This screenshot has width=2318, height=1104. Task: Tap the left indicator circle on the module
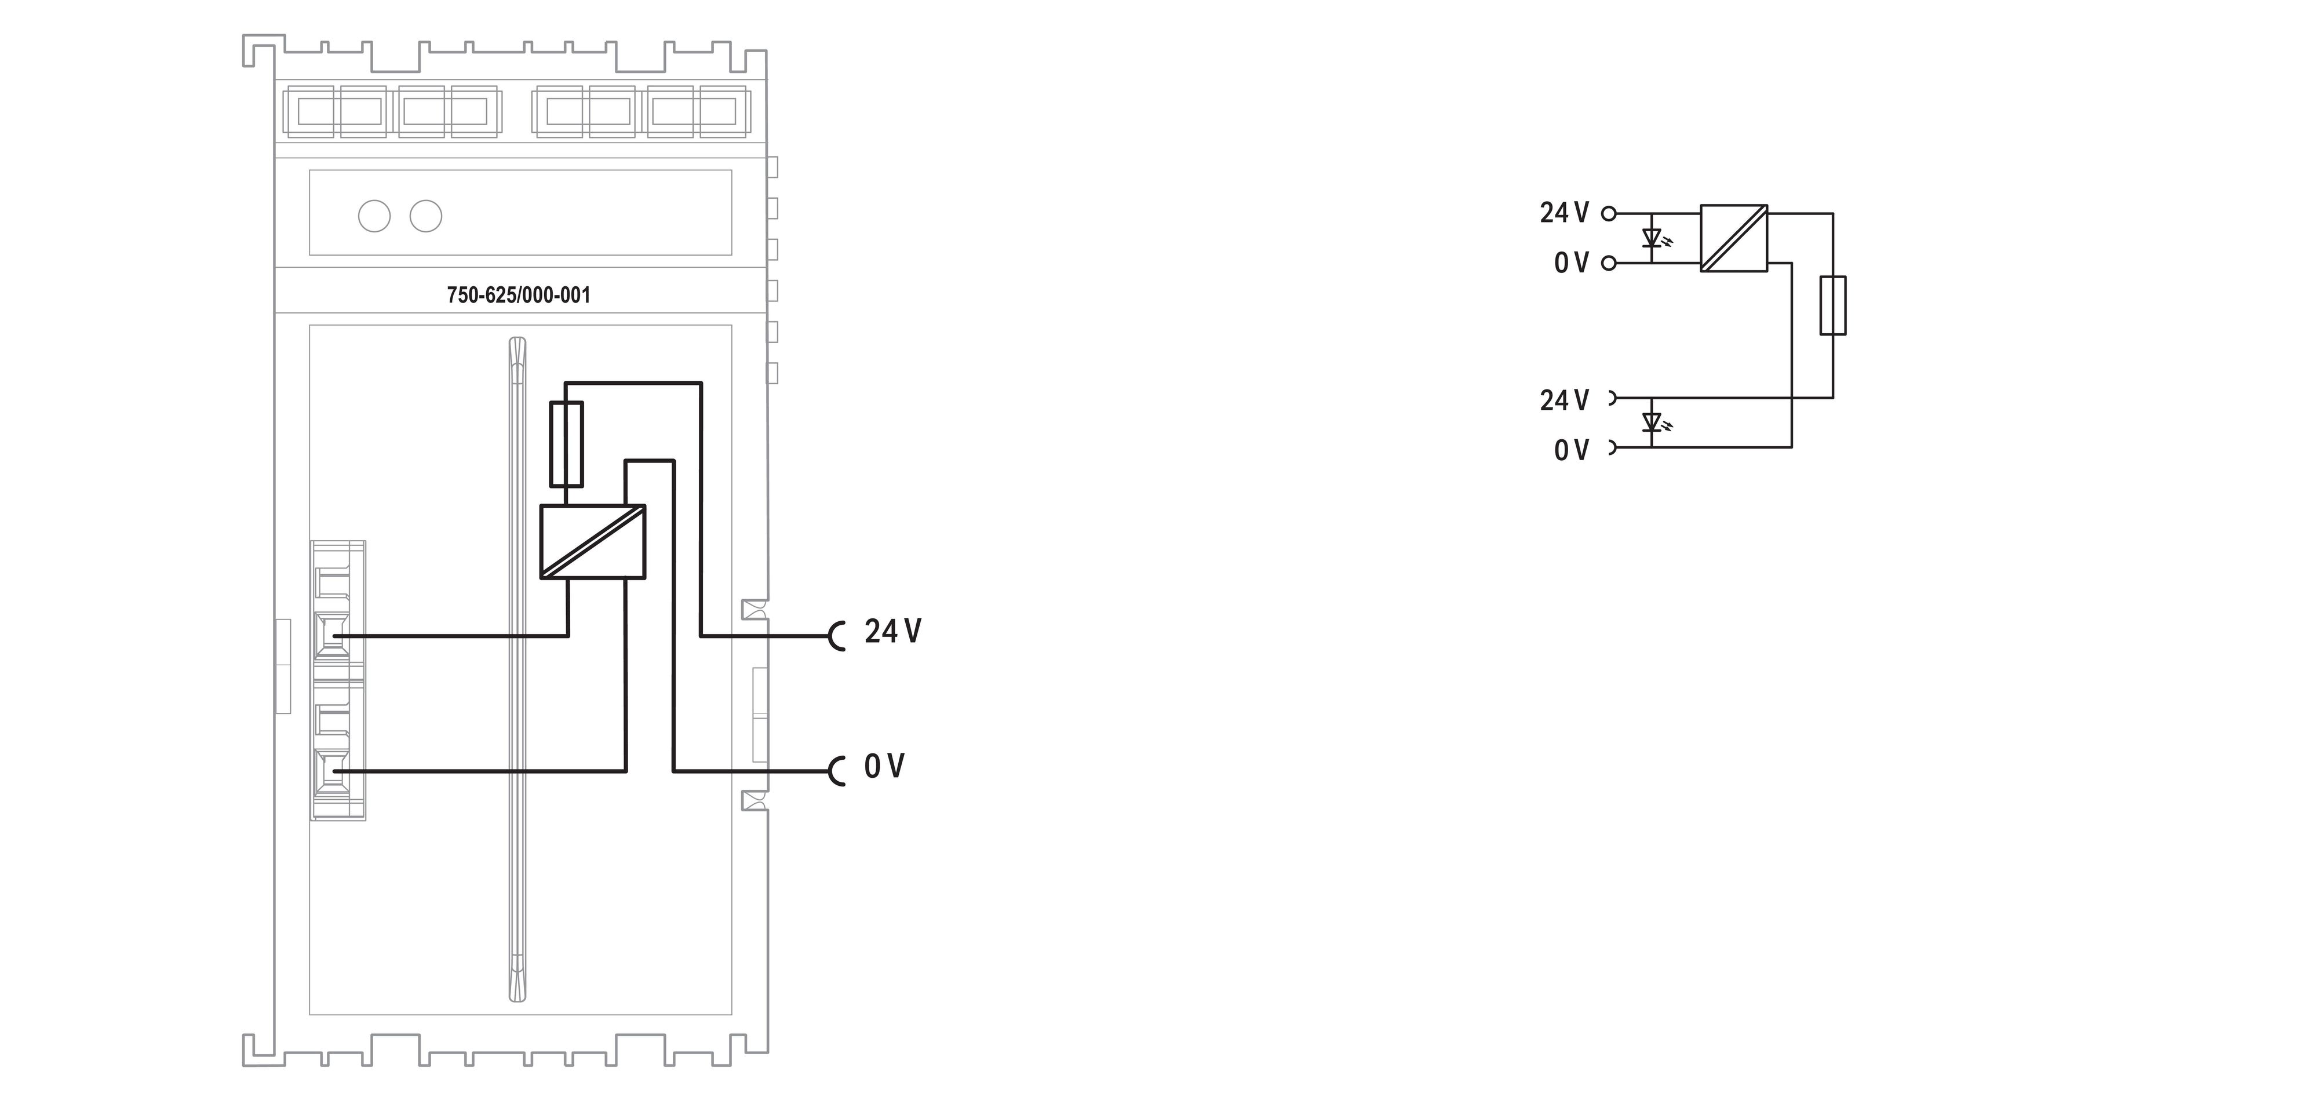pos(374,216)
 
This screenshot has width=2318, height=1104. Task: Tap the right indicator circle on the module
pos(425,216)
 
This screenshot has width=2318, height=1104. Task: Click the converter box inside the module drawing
pos(593,541)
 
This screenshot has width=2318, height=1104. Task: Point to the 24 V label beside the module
pos(892,632)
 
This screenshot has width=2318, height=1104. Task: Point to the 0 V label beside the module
pos(884,767)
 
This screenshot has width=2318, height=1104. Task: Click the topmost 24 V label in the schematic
pos(1564,213)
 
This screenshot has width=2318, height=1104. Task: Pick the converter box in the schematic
pos(1734,238)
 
